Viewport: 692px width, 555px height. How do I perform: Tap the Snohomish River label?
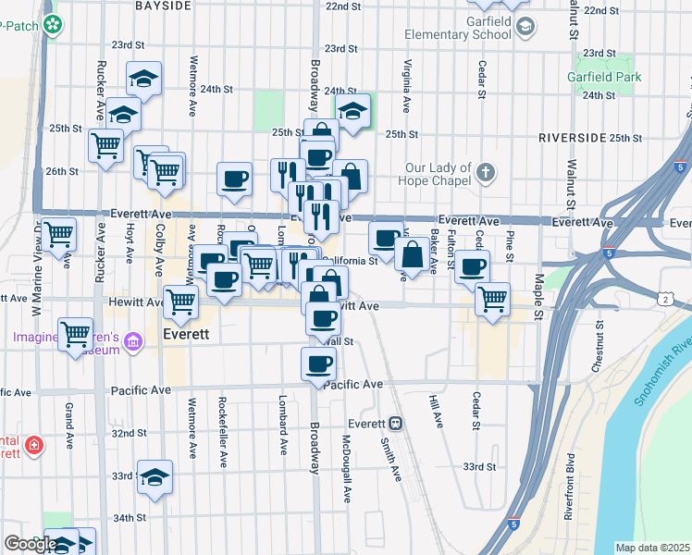pos(661,362)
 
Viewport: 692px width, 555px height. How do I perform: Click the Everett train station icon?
pos(395,424)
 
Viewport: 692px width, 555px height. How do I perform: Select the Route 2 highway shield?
pos(665,298)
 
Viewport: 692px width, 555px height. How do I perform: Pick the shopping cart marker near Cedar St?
pos(492,298)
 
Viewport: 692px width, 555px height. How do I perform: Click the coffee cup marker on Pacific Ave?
pos(320,363)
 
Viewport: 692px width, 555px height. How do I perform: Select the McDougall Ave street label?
pos(347,469)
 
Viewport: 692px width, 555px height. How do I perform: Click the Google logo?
pos(31,544)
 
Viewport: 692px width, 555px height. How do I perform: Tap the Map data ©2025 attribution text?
pos(653,548)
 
